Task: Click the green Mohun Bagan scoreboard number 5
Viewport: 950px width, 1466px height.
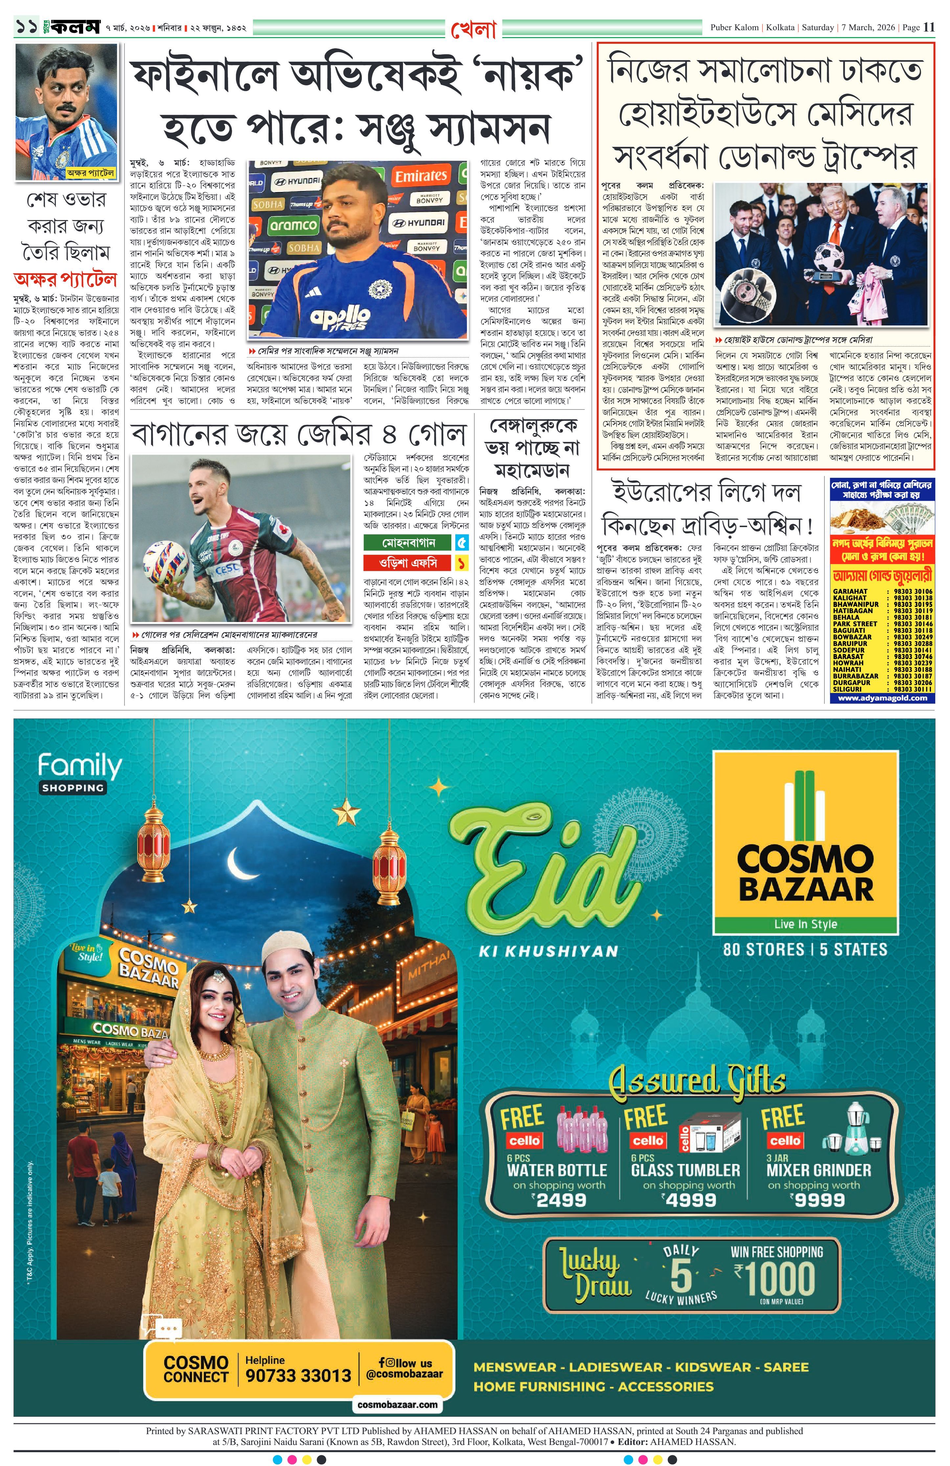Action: point(462,543)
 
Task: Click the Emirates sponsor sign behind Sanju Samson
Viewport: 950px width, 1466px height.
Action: point(421,176)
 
